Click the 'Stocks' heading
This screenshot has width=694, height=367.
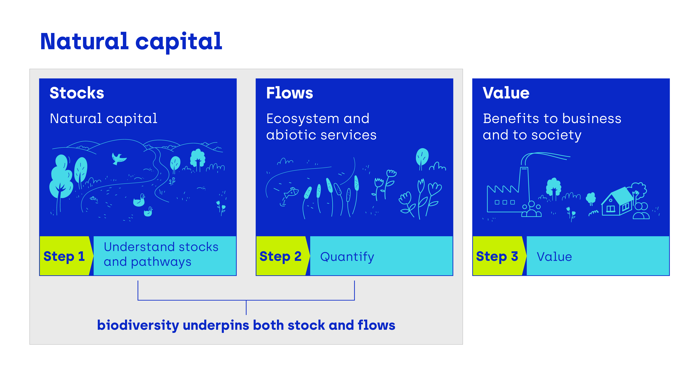click(77, 93)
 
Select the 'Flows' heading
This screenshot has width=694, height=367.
click(289, 93)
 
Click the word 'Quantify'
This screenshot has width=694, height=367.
click(347, 257)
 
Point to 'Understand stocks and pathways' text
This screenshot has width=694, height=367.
click(161, 254)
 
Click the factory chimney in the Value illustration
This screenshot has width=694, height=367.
click(524, 186)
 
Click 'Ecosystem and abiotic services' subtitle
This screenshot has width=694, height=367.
click(321, 127)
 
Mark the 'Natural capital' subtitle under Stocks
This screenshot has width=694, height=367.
click(104, 119)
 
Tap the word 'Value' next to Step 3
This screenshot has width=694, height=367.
click(554, 257)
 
